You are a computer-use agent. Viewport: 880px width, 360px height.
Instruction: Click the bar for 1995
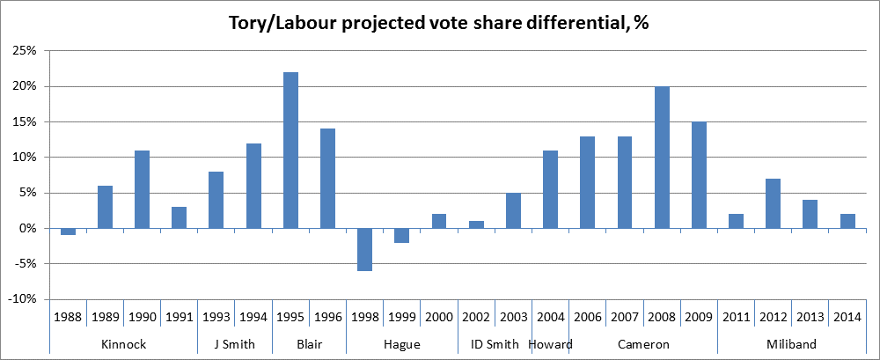coord(290,151)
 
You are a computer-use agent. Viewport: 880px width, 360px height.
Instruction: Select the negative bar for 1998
coord(364,249)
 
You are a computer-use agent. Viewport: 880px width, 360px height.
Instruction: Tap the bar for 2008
coord(662,158)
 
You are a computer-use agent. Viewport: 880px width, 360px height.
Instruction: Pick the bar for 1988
coord(68,231)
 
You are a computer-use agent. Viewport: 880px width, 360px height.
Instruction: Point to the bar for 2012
coord(774,203)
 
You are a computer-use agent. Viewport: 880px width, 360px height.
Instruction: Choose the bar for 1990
coord(142,189)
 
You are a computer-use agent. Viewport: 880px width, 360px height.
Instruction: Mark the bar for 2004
coord(550,189)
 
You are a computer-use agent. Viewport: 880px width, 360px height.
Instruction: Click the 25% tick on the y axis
coord(24,51)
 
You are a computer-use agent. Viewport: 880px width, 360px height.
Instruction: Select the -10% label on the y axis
coord(22,299)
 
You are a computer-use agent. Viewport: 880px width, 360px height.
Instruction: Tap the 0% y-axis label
coord(26,229)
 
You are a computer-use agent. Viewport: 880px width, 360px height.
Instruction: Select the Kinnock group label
coord(123,344)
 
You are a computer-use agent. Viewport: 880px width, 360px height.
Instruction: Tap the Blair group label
coord(309,344)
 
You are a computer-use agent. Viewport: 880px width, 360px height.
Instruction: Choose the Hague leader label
coord(401,344)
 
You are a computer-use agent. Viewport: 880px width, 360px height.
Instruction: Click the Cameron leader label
coord(643,344)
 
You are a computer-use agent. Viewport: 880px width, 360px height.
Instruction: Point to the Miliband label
coord(791,344)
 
